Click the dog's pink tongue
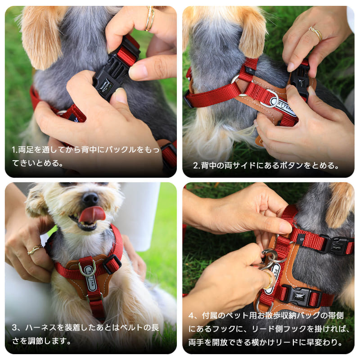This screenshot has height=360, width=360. (x=92, y=215)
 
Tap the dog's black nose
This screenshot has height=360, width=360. (x=90, y=198)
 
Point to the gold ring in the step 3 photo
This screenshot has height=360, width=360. (x=34, y=249)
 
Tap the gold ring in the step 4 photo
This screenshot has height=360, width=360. (x=269, y=280)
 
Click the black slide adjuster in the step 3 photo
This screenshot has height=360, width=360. (x=112, y=263)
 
